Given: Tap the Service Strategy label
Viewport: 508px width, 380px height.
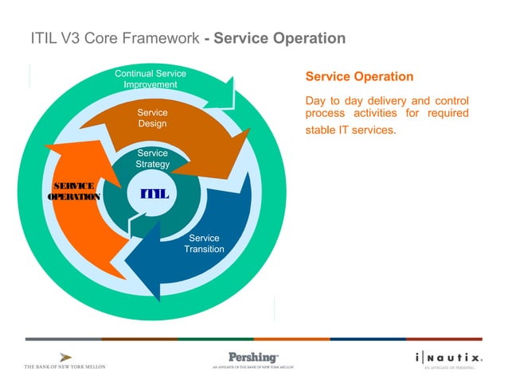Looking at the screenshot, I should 152,159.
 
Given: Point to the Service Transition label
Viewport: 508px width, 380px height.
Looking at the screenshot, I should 204,244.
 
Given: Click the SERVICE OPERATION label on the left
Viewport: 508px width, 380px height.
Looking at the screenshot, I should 74,192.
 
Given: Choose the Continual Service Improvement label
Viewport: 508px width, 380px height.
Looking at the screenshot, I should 150,79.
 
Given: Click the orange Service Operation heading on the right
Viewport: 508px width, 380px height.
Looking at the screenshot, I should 359,77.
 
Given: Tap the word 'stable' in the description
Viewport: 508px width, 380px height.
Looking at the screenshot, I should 323,130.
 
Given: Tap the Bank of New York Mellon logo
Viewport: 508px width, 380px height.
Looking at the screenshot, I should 64,361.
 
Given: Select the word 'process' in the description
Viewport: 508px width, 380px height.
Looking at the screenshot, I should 326,115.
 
